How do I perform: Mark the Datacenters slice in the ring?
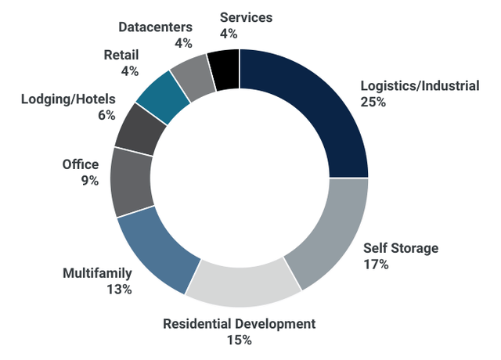[193, 74]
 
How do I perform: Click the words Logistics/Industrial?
[419, 86]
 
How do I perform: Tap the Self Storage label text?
[401, 248]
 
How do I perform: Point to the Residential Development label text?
[239, 323]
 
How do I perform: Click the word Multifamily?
[97, 273]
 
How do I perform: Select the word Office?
[81, 164]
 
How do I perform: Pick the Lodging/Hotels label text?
[68, 99]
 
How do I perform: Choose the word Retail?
[121, 55]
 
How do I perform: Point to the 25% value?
[373, 103]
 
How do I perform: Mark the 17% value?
[377, 265]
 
